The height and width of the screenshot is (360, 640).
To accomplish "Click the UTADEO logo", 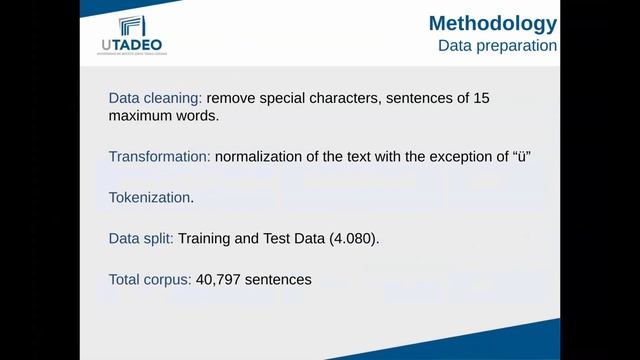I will (131, 35).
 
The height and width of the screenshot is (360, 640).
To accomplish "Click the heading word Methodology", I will (492, 23).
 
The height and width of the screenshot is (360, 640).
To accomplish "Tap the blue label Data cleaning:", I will (155, 98).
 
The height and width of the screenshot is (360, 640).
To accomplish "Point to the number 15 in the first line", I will (480, 98).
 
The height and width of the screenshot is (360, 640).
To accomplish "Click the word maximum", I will (140, 116).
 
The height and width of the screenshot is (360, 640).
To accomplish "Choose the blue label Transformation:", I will (159, 157).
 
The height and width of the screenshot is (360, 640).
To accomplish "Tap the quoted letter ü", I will (520, 157).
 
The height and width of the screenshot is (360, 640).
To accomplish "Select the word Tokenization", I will (149, 197).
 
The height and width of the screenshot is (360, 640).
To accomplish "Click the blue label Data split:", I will (141, 239).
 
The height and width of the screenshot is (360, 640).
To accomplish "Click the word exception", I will (448, 157).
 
